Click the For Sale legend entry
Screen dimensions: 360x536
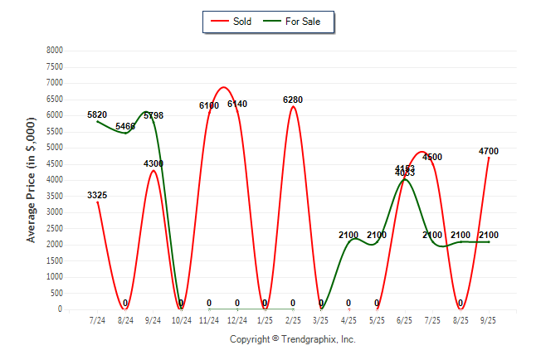coord(302,22)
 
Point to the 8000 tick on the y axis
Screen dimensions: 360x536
coord(54,51)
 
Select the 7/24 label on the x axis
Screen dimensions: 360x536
coord(97,319)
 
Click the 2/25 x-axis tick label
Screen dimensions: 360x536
coord(293,319)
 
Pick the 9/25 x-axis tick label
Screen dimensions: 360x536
coord(489,319)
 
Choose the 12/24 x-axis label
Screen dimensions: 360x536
coord(237,319)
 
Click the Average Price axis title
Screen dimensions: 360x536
coord(32,180)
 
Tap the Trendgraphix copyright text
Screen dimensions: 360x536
coord(292,339)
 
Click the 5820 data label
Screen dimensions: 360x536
coord(97,114)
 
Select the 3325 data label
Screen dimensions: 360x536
coord(97,195)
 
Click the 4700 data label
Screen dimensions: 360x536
coord(489,151)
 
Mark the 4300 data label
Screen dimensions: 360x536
coord(153,163)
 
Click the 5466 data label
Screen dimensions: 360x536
coord(125,126)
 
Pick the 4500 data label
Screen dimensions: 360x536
coord(432,157)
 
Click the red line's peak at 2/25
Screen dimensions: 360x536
coord(293,107)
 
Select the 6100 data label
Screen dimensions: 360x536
coord(209,105)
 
